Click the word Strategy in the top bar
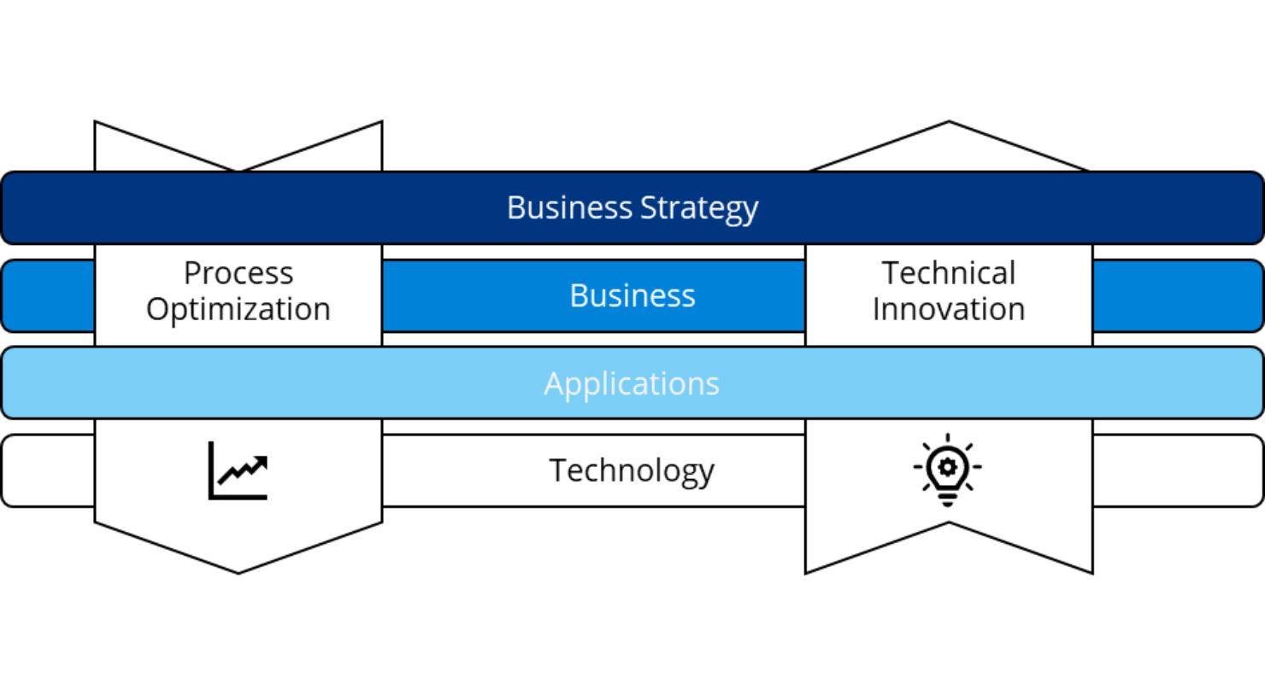pos(698,208)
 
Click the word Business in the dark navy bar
pos(569,208)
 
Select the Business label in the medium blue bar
pos(632,295)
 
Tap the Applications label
pos(632,383)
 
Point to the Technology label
pos(632,470)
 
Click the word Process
pos(238,273)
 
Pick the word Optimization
pos(238,309)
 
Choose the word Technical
pos(949,273)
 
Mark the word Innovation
pos(949,309)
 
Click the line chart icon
pos(238,470)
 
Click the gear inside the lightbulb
pos(947,466)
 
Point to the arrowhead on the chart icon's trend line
pos(261,463)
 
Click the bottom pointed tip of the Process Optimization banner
pos(238,571)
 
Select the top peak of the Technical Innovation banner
pos(949,124)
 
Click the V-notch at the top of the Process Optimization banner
pos(238,169)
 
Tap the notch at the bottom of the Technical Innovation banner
pos(949,525)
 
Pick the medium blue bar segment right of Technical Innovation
pos(1178,295)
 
